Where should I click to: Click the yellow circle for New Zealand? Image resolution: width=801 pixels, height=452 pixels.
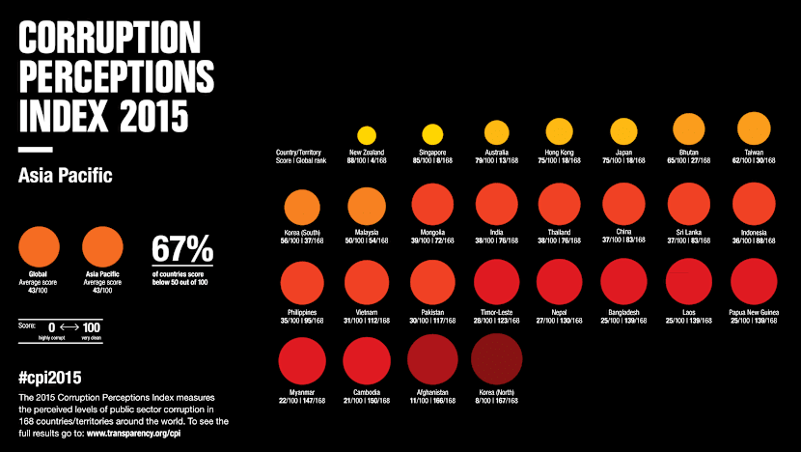point(367,136)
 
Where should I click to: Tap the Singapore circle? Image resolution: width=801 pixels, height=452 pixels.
point(431,135)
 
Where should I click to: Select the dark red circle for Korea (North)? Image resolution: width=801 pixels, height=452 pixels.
point(496,361)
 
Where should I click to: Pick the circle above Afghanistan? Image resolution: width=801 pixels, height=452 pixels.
point(431,361)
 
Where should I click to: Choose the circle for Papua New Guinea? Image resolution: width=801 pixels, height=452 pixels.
point(753,282)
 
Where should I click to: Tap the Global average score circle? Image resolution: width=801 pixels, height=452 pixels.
point(39,248)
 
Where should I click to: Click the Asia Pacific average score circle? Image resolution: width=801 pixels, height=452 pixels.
point(103,248)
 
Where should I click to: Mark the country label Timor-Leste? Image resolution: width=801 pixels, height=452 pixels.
point(496,312)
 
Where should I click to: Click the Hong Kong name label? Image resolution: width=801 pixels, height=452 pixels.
point(561,153)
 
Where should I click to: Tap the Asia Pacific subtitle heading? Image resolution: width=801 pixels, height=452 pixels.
point(66,177)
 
